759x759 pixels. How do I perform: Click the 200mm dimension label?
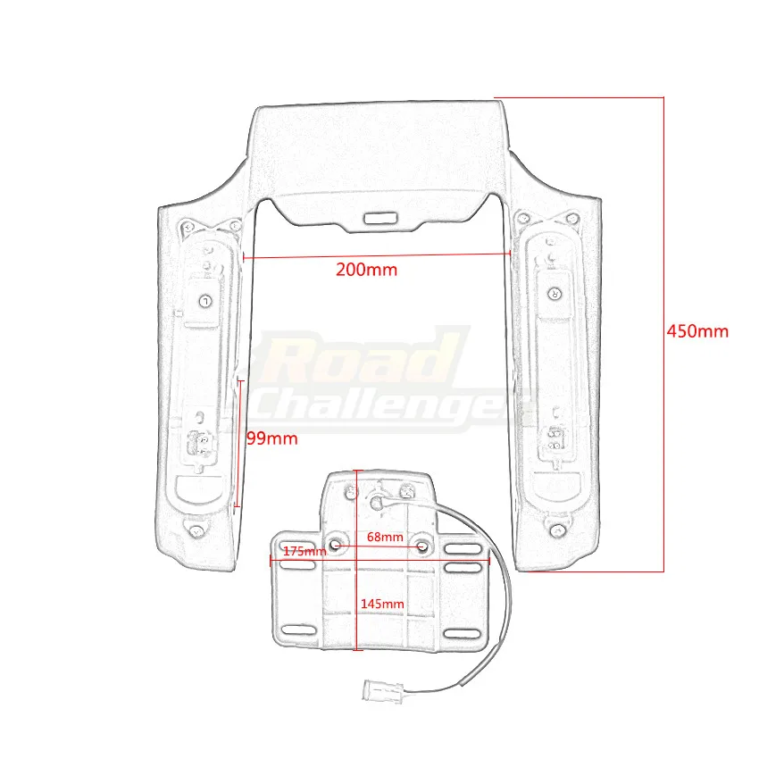click(366, 270)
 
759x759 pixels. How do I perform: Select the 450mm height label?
click(697, 331)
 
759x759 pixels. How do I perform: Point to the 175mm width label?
click(304, 551)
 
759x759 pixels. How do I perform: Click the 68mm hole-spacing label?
click(385, 537)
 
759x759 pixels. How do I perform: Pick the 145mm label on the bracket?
click(381, 604)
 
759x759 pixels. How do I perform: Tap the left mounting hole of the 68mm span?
click(336, 544)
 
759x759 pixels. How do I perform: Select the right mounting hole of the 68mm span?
click(421, 544)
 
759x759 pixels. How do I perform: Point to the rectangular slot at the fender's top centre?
click(380, 216)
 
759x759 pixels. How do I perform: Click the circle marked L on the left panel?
click(204, 300)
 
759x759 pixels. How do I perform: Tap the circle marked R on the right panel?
click(553, 291)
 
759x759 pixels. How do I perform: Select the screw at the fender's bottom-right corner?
click(558, 531)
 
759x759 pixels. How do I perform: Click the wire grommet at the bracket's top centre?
click(376, 504)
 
